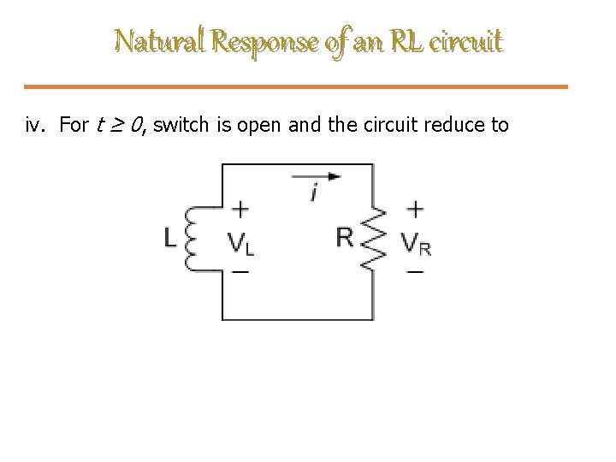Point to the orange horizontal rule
coord(307,86)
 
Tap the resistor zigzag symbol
coord(372,239)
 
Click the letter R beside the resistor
coord(344,237)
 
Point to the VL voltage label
coord(242,243)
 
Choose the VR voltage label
coord(417,244)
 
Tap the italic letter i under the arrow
coord(314,193)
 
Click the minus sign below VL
coord(241,271)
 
